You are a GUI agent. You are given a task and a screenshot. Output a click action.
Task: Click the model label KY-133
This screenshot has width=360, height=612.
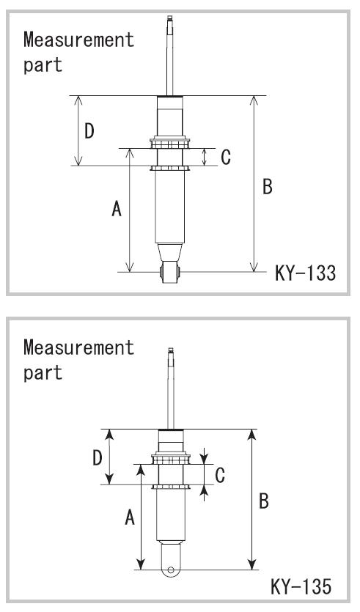click(305, 273)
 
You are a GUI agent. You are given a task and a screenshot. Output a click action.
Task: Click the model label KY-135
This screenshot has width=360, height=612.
click(301, 586)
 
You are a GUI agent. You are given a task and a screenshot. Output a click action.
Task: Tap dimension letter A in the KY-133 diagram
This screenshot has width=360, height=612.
click(117, 208)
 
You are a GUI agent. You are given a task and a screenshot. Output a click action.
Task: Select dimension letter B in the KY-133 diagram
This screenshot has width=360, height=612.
click(268, 187)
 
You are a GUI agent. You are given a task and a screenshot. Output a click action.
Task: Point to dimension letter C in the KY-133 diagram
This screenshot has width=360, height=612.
click(226, 158)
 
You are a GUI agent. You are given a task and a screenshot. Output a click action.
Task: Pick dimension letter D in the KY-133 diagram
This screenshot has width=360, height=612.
click(89, 131)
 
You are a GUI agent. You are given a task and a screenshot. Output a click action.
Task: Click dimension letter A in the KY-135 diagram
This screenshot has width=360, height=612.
click(130, 518)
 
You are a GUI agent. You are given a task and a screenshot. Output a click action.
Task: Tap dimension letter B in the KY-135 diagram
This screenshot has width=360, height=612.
click(264, 501)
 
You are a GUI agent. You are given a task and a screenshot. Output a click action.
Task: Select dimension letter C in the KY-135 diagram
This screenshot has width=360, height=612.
click(220, 475)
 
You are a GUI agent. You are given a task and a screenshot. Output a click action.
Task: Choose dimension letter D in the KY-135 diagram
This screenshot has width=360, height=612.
click(98, 458)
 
